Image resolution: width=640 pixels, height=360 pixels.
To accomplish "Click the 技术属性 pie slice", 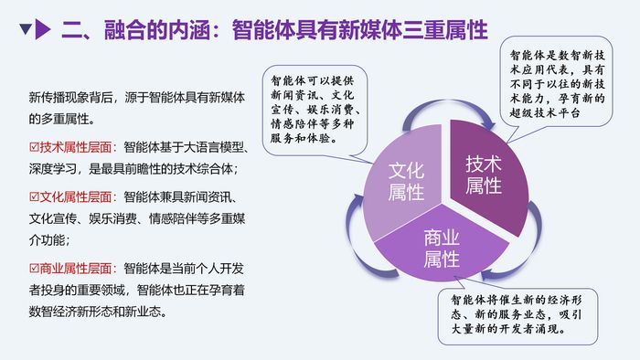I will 484,175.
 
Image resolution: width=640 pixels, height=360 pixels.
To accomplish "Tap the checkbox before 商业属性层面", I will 34,268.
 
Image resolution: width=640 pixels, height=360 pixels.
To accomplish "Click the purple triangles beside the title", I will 37,32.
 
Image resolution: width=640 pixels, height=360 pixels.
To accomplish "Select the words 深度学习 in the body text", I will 52,169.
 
